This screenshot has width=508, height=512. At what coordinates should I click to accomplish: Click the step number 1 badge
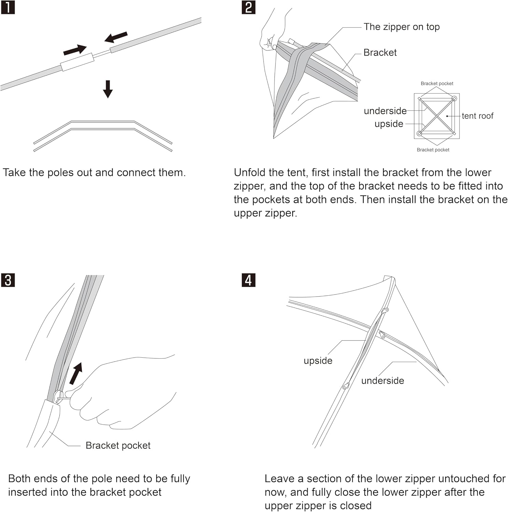(8, 7)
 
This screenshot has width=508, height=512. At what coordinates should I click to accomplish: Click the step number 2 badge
(249, 7)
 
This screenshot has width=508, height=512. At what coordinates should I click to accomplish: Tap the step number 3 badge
(8, 280)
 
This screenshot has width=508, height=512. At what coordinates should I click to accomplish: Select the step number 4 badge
(249, 280)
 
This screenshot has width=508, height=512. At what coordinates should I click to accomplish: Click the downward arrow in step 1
(108, 89)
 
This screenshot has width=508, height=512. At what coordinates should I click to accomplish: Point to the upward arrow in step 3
(76, 373)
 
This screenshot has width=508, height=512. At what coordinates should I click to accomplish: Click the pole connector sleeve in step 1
(77, 62)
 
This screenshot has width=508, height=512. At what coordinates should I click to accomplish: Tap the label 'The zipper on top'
(401, 27)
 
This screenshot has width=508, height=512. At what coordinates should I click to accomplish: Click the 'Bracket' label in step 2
(380, 53)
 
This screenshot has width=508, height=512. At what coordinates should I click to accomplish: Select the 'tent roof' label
(477, 116)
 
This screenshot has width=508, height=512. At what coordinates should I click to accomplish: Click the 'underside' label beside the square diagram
(385, 111)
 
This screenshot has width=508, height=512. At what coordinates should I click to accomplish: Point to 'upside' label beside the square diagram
(389, 124)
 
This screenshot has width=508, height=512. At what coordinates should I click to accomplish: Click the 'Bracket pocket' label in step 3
(118, 445)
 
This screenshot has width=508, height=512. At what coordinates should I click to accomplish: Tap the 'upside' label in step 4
(318, 361)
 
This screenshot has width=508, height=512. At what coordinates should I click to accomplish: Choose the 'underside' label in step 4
(382, 381)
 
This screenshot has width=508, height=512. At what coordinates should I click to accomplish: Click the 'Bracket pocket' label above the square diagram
(437, 84)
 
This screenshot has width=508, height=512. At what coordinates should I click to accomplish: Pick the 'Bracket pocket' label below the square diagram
(433, 150)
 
